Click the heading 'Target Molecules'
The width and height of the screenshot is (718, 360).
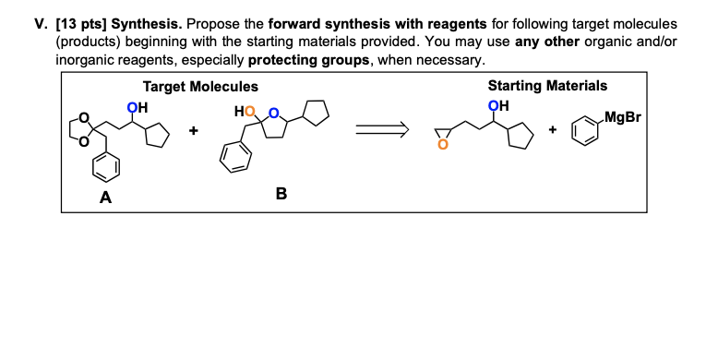pyautogui.click(x=200, y=86)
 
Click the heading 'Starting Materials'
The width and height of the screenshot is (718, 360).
pyautogui.click(x=547, y=85)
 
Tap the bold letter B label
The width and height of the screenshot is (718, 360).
pyautogui.click(x=281, y=194)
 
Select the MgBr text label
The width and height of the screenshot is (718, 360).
pyautogui.click(x=625, y=117)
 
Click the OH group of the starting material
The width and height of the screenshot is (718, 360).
pyautogui.click(x=499, y=104)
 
